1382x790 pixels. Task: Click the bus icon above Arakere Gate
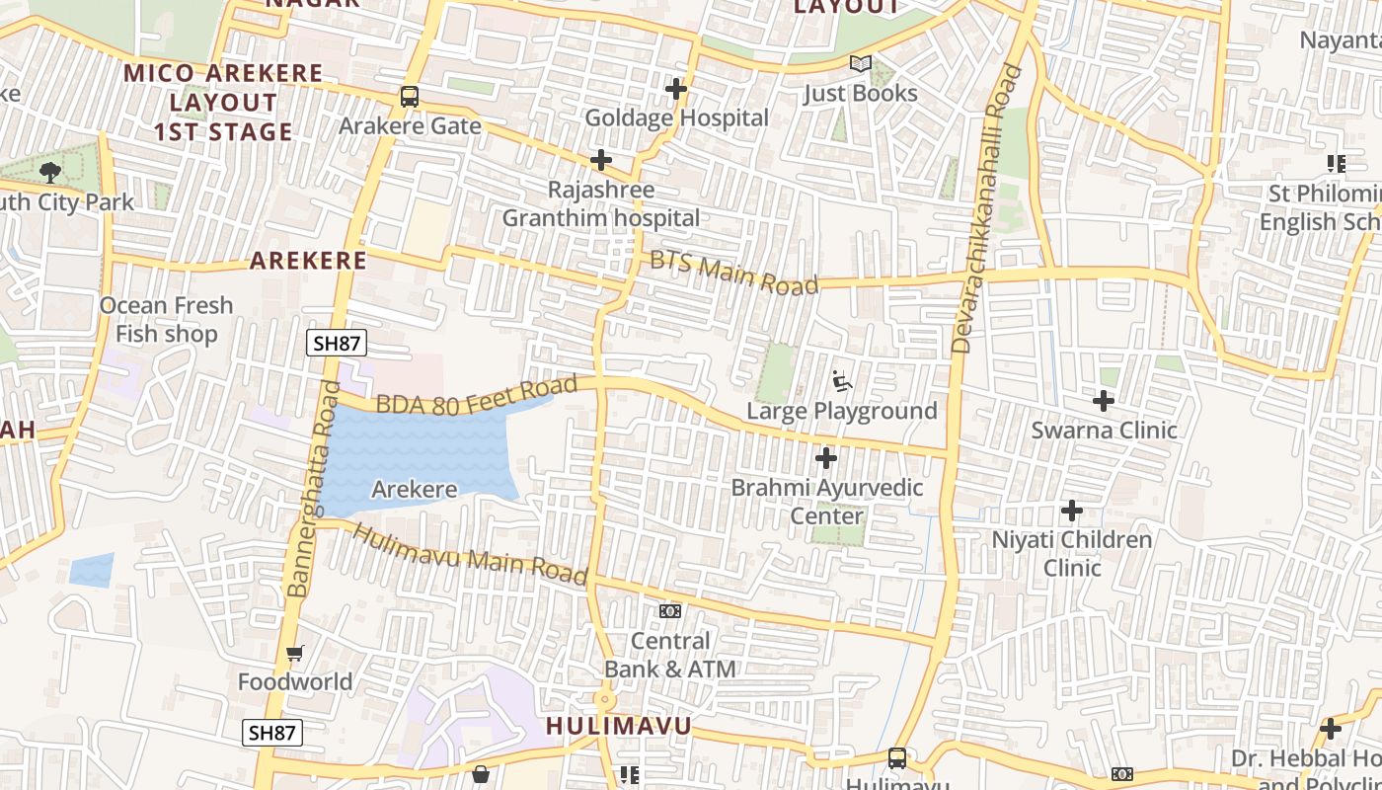[x=409, y=97]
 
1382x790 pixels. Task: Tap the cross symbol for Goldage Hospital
[x=676, y=90]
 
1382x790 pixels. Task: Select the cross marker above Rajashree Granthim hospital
[x=601, y=160]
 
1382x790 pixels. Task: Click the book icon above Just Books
[x=861, y=64]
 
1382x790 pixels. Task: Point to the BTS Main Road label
[x=733, y=272]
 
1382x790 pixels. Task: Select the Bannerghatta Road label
[x=312, y=489]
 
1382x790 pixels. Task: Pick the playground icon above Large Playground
[x=841, y=381]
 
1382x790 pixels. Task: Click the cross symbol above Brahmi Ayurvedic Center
[x=826, y=458]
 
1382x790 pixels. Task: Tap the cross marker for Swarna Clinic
[x=1104, y=401]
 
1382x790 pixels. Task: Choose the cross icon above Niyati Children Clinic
[x=1072, y=511]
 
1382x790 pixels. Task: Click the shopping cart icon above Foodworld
[x=294, y=653]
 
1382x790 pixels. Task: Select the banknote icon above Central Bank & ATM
[x=670, y=611]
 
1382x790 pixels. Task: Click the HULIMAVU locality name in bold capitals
[x=619, y=727]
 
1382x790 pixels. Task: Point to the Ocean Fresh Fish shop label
[x=167, y=320]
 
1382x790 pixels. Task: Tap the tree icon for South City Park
[x=49, y=173]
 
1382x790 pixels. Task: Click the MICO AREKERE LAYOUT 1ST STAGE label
[x=223, y=103]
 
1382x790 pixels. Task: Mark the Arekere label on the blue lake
[x=414, y=489]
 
